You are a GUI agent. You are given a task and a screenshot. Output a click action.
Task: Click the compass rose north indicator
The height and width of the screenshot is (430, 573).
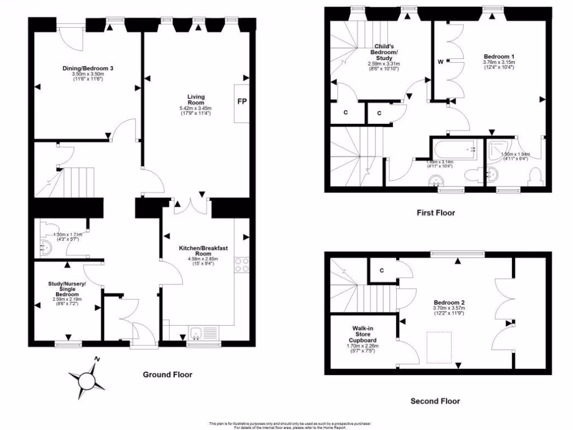pyautogui.click(x=97, y=359)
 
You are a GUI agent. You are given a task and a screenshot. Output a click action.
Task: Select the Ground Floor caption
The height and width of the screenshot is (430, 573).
pyautogui.click(x=167, y=375)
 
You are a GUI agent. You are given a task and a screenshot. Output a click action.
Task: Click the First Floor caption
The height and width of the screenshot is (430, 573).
pyautogui.click(x=435, y=213)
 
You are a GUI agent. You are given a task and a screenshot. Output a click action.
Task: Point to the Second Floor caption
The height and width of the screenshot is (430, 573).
pyautogui.click(x=435, y=401)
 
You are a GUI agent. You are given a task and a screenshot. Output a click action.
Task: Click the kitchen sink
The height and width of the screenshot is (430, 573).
pyautogui.click(x=196, y=334)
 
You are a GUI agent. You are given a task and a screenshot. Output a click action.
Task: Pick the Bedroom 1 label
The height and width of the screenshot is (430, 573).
pyautogui.click(x=499, y=57)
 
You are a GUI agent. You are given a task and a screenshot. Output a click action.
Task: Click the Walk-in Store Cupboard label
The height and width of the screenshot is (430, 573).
pyautogui.click(x=363, y=334)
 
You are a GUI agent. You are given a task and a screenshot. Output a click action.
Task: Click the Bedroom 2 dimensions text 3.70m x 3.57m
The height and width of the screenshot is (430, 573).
pyautogui.click(x=449, y=308)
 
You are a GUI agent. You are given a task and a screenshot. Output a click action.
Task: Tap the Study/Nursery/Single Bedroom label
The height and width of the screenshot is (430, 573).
pyautogui.click(x=67, y=289)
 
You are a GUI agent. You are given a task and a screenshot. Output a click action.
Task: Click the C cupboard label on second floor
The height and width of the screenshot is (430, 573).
pyautogui.click(x=382, y=270)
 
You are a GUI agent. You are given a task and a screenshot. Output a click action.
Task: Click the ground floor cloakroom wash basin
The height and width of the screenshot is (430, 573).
pyautogui.click(x=47, y=247)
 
